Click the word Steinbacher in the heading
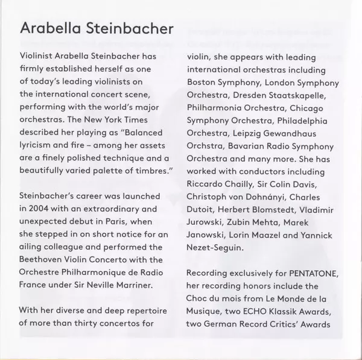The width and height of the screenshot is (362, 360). click(121, 29)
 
